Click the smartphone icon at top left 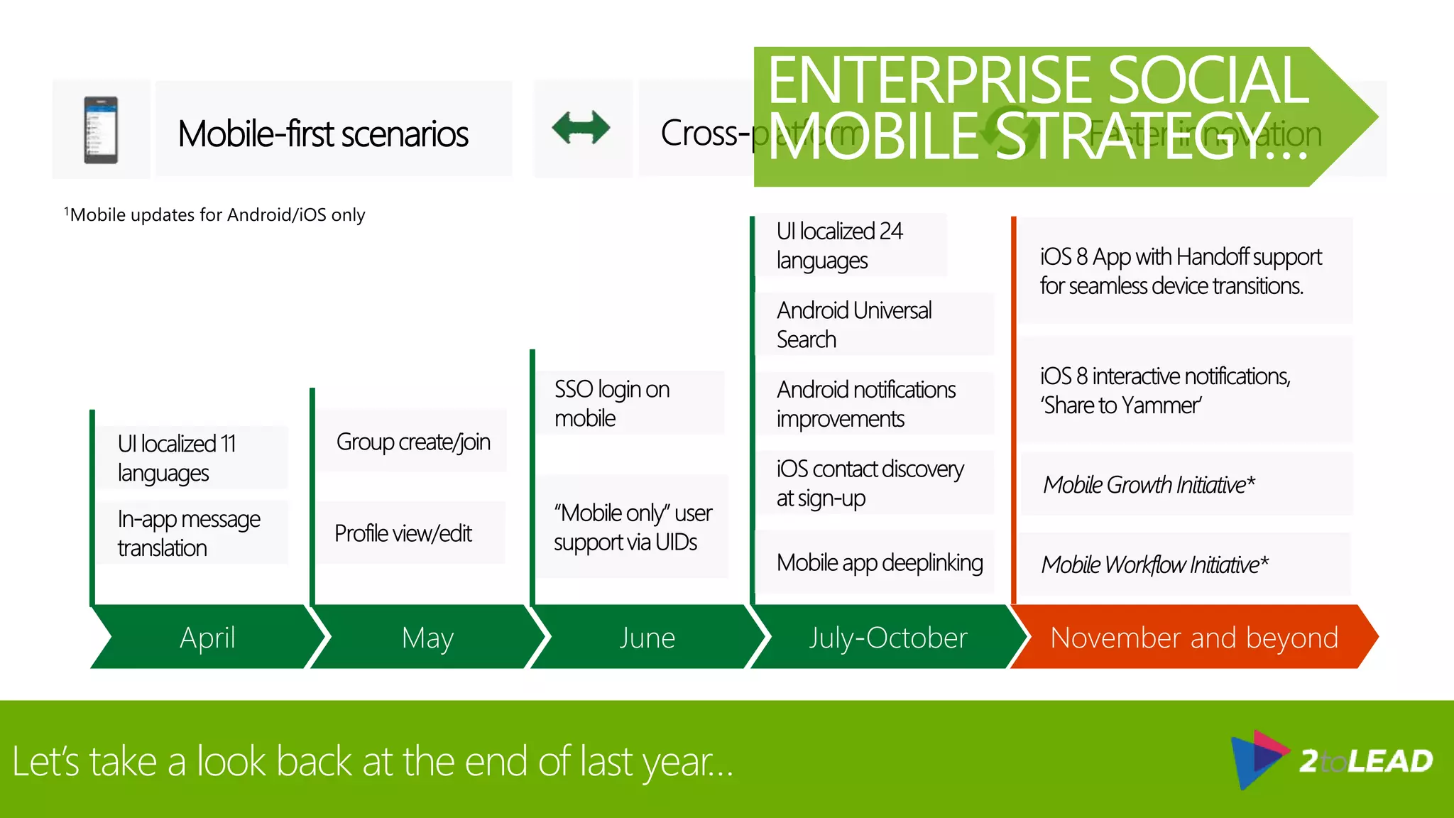tap(101, 130)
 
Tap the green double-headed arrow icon tap(581, 129)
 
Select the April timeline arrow tap(207, 637)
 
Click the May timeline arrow tap(427, 637)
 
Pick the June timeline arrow tap(647, 637)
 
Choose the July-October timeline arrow tap(887, 637)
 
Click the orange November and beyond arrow tap(1193, 637)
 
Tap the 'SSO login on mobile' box tap(628, 403)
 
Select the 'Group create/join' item tap(412, 442)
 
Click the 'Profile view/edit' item tap(403, 533)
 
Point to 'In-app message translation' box tap(190, 533)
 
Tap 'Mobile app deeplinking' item tap(879, 562)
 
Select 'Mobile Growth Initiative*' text tap(1149, 484)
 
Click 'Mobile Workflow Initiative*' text tap(1154, 565)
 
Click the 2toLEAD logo tap(1332, 760)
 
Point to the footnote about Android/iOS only tap(215, 214)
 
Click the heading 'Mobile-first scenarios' tap(323, 133)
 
